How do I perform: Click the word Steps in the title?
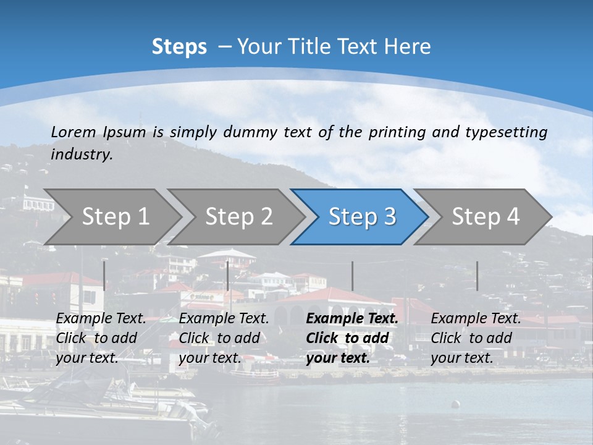tap(179, 47)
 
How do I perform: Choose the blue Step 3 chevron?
tap(362, 217)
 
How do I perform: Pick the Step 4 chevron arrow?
tap(486, 217)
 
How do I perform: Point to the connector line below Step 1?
tap(104, 276)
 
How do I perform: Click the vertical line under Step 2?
tap(228, 276)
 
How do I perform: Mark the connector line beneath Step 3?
tap(353, 276)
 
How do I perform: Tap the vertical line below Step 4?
tap(477, 276)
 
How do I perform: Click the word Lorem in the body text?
tap(74, 132)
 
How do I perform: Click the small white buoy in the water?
tap(456, 405)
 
